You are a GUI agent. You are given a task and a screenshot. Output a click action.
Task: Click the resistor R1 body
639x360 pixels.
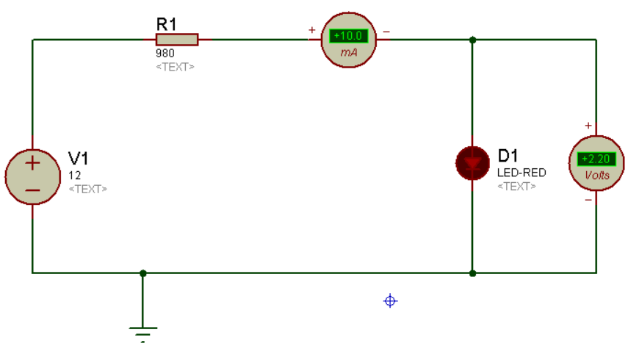tap(177, 40)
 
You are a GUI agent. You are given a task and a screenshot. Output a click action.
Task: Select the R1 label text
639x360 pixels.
tap(166, 24)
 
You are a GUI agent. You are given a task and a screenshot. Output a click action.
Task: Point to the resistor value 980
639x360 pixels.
tap(165, 53)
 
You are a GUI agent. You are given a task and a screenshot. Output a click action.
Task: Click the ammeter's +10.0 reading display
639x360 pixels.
tap(348, 36)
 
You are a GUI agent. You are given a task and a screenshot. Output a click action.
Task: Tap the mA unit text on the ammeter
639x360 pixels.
tap(349, 52)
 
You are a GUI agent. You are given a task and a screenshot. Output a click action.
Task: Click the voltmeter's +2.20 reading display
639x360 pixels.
tap(596, 159)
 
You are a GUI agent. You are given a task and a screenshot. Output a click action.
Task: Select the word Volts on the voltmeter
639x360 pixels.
tap(597, 176)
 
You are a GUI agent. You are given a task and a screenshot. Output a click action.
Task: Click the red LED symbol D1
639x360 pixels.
tap(472, 163)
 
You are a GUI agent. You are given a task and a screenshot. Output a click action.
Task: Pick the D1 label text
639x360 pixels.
tap(508, 156)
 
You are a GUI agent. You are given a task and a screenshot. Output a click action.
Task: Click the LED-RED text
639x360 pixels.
tap(521, 173)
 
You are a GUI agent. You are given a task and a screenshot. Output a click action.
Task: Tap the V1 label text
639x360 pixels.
tap(79, 158)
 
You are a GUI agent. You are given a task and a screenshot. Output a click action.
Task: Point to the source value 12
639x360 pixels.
tap(75, 176)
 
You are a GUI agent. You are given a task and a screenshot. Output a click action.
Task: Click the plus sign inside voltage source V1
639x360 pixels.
tap(32, 164)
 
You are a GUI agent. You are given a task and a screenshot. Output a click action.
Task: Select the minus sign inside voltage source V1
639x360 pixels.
tap(32, 190)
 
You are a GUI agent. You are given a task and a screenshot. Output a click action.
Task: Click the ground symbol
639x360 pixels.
tap(143, 334)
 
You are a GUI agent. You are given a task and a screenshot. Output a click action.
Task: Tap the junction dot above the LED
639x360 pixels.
tap(473, 40)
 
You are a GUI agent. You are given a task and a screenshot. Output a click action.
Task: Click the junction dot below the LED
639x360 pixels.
tap(473, 273)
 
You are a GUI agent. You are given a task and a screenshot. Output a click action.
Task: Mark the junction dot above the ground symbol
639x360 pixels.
tap(143, 273)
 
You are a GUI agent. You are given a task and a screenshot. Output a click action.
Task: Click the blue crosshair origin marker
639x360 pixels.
tap(391, 301)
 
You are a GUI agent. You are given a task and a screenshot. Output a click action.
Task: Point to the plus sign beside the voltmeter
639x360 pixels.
tap(588, 126)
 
